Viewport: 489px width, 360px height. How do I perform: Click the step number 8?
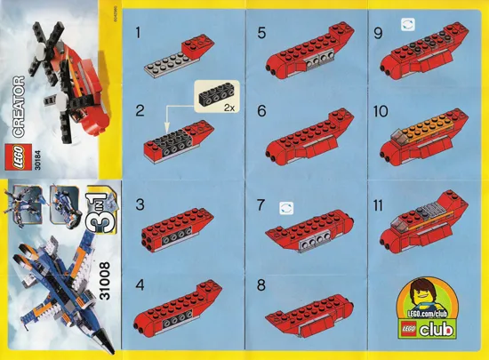pyautogui.click(x=261, y=287)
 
